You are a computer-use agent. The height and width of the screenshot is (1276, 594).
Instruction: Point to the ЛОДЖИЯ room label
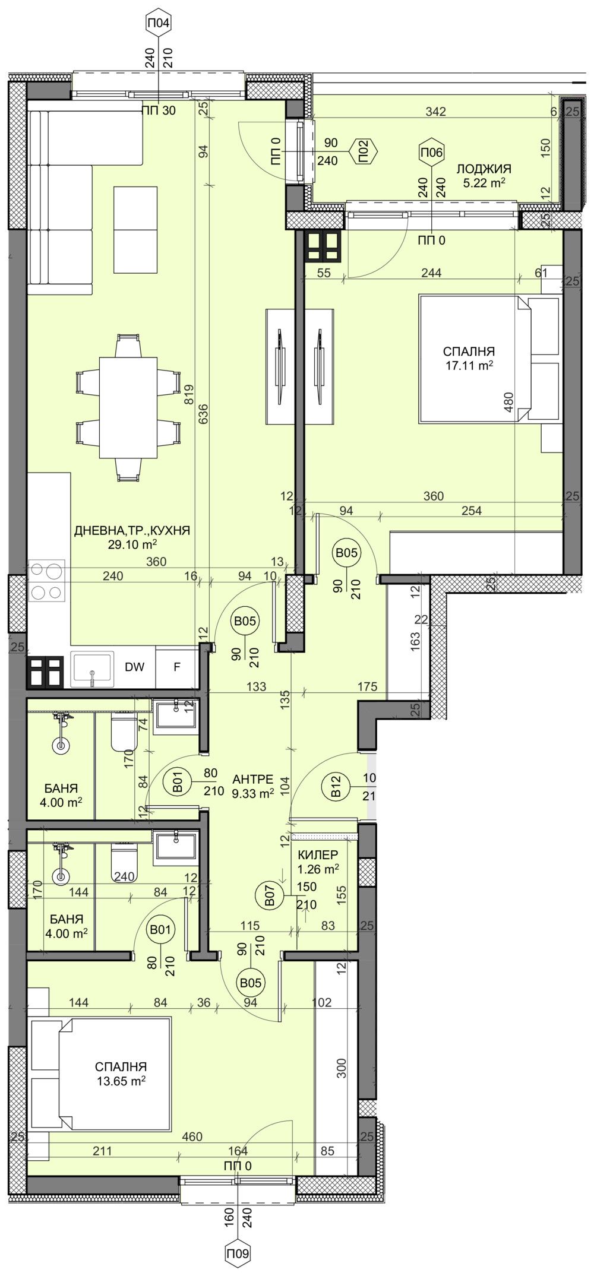pyautogui.click(x=484, y=169)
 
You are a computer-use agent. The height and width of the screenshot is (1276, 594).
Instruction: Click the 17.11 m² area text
pyautogui.click(x=470, y=366)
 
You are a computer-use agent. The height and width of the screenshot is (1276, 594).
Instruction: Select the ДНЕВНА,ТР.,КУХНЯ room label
pyautogui.click(x=132, y=531)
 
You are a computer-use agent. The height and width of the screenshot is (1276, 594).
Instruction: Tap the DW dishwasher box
pyautogui.click(x=134, y=667)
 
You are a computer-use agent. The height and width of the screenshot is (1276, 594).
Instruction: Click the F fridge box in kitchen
pyautogui.click(x=176, y=667)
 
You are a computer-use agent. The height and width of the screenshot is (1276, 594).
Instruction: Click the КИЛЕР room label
pyautogui.click(x=318, y=854)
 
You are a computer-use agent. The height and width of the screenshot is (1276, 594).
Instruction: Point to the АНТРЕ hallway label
pyautogui.click(x=253, y=779)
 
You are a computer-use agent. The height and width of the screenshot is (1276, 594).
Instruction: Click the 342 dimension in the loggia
pyautogui.click(x=436, y=112)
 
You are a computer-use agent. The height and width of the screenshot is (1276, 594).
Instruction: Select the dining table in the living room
pyautogui.click(x=128, y=407)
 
